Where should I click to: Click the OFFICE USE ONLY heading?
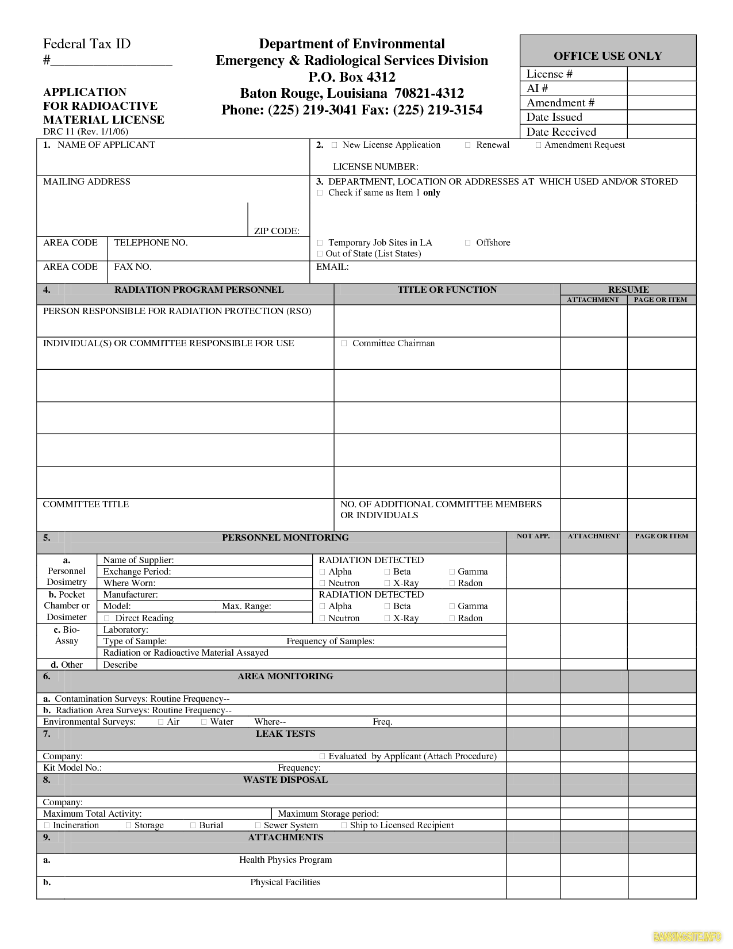[608, 56]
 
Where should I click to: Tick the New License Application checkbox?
[334, 145]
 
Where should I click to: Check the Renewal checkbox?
[468, 145]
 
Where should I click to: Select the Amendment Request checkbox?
[538, 145]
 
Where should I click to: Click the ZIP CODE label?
[277, 231]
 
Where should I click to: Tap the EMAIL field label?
[332, 267]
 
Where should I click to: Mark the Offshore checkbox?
[468, 243]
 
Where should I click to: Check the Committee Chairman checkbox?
[344, 343]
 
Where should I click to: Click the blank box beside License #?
[661, 74]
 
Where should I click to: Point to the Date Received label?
[561, 132]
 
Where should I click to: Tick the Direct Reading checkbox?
[106, 618]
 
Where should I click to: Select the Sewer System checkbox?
[258, 825]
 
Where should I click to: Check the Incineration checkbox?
[47, 825]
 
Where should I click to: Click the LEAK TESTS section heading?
[285, 734]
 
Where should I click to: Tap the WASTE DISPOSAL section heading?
[285, 780]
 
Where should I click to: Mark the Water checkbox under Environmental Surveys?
[204, 722]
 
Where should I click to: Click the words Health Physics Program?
[285, 860]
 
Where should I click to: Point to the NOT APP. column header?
[533, 536]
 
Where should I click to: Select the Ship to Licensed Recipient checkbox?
[344, 825]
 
